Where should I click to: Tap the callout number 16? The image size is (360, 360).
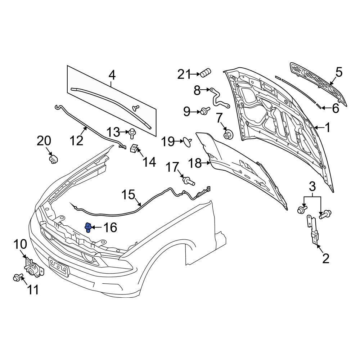pyautogui.click(x=110, y=228)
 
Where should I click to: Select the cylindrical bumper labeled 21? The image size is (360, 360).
pyautogui.click(x=206, y=73)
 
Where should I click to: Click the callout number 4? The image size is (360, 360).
pyautogui.click(x=112, y=75)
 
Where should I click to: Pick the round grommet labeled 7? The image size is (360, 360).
pyautogui.click(x=228, y=135)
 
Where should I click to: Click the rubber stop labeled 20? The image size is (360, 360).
pyautogui.click(x=53, y=159)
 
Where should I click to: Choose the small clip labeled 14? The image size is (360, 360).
pyautogui.click(x=134, y=148)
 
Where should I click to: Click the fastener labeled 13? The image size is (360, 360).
pyautogui.click(x=132, y=133)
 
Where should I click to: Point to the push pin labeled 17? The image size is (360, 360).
pyautogui.click(x=188, y=181)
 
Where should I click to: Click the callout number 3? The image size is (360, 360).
pyautogui.click(x=312, y=186)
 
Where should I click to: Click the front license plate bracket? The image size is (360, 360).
pyautogui.click(x=58, y=267)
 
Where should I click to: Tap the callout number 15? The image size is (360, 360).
pyautogui.click(x=128, y=195)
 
